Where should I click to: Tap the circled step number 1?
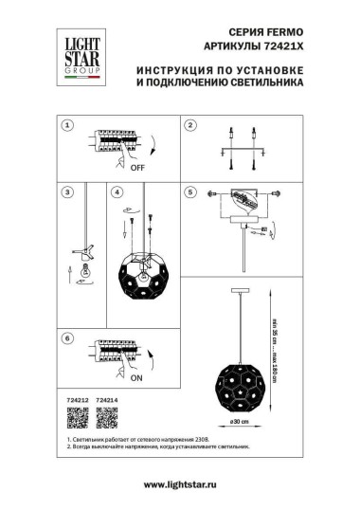pyautogui.click(x=67, y=125)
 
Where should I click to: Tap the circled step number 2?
pyautogui.click(x=189, y=125)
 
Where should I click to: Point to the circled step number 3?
pyautogui.click(x=67, y=192)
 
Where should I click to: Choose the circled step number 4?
pyautogui.click(x=117, y=192)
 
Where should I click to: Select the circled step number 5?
pyautogui.click(x=189, y=192)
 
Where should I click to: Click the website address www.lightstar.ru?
pyautogui.click(x=180, y=485)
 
